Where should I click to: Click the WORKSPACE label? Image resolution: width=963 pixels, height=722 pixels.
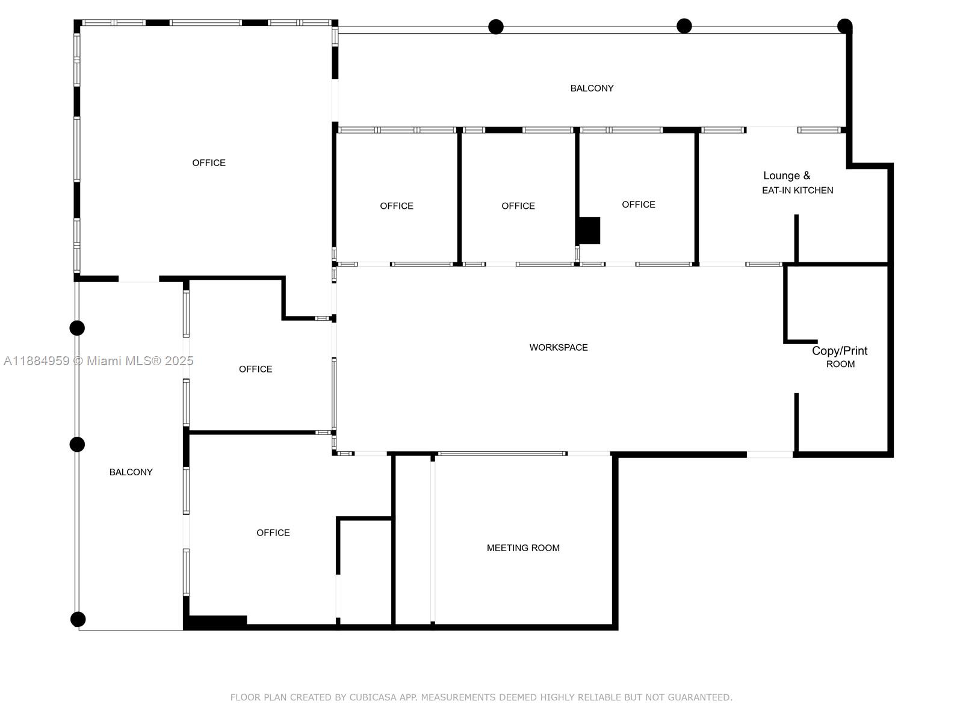pyautogui.click(x=558, y=347)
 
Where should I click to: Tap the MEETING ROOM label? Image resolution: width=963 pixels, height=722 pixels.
pyautogui.click(x=523, y=548)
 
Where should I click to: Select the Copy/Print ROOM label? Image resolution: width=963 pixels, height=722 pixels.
pyautogui.click(x=840, y=357)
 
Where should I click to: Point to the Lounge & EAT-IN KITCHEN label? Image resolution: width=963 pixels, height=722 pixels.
pyautogui.click(x=797, y=182)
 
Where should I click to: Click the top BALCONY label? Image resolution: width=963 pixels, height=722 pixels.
pyautogui.click(x=592, y=88)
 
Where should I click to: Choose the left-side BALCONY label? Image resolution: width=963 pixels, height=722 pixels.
pyautogui.click(x=131, y=472)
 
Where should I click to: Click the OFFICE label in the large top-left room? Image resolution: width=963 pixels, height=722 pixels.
pyautogui.click(x=209, y=162)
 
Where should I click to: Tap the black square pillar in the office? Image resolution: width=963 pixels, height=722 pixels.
pyautogui.click(x=589, y=230)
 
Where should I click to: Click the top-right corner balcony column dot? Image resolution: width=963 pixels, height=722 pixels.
pyautogui.click(x=844, y=26)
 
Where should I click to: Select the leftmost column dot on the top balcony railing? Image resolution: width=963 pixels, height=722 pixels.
pyautogui.click(x=496, y=26)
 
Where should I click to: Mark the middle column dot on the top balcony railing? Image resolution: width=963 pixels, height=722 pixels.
pyautogui.click(x=684, y=26)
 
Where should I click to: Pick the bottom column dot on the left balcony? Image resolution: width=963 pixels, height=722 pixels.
pyautogui.click(x=78, y=619)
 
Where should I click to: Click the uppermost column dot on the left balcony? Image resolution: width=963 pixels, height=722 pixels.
pyautogui.click(x=77, y=328)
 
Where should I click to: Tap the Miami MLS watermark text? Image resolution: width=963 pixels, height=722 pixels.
pyautogui.click(x=98, y=361)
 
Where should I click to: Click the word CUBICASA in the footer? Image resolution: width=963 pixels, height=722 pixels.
pyautogui.click(x=373, y=697)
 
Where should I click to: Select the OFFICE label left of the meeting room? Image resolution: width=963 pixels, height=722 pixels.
pyautogui.click(x=273, y=532)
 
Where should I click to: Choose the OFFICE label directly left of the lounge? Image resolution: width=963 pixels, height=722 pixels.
pyautogui.click(x=639, y=205)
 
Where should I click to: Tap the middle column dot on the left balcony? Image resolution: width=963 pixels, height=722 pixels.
pyautogui.click(x=77, y=445)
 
